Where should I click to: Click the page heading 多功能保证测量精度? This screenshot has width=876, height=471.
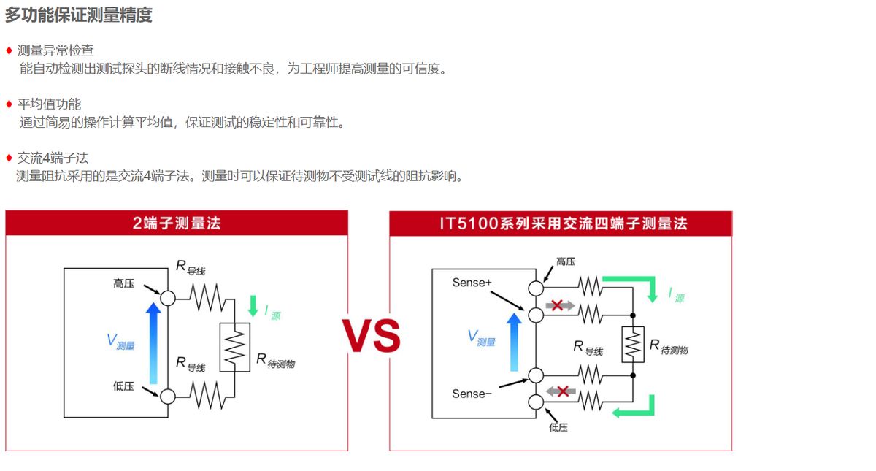pos(79,15)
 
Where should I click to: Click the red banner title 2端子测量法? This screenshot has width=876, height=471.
pos(177,223)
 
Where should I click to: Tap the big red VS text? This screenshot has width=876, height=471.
pos(371,337)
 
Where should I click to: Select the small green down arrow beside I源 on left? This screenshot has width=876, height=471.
pos(253,305)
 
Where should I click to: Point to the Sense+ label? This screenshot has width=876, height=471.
pos(472,283)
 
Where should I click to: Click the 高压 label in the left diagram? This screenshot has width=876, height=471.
pos(123,283)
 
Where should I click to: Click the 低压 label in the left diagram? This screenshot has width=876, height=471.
pos(123,386)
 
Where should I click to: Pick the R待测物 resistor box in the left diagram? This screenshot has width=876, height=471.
pos(234,347)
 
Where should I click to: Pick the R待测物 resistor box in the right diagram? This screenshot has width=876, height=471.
pos(632,345)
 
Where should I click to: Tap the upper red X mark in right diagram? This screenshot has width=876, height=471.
pos(557,305)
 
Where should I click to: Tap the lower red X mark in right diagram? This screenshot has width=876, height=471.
pos(563,391)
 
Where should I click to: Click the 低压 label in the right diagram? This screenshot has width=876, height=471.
pos(558,427)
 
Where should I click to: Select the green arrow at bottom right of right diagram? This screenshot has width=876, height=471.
pos(634,409)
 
